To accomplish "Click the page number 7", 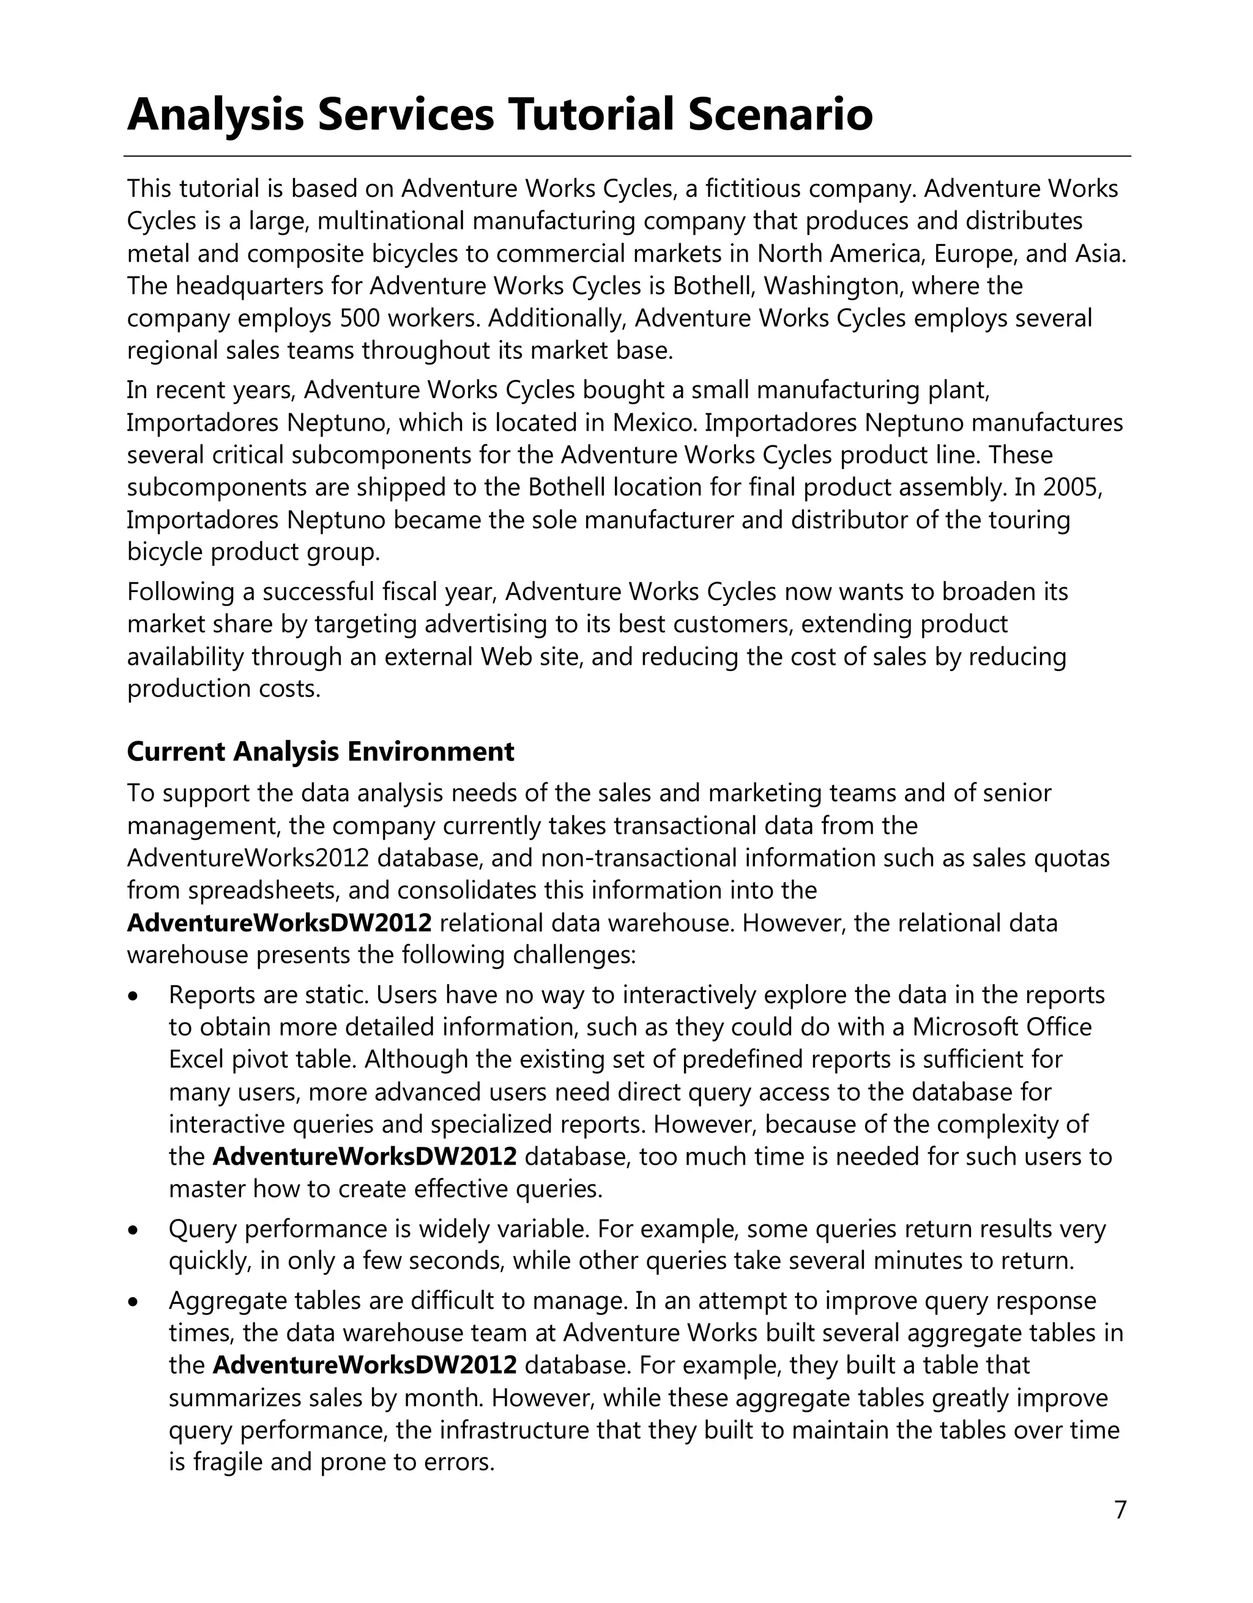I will pos(1120,1510).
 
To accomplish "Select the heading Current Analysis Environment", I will pos(321,752).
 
